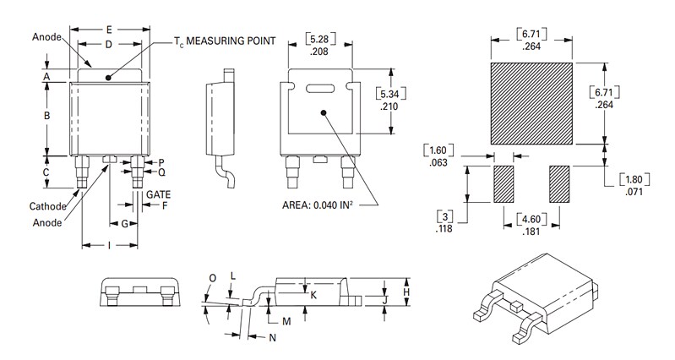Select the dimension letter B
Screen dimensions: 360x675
click(x=47, y=115)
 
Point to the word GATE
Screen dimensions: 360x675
click(x=159, y=194)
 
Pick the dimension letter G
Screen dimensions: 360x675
click(x=124, y=225)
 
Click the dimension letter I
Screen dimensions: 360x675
click(x=109, y=245)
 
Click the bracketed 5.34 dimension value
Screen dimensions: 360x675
click(x=389, y=93)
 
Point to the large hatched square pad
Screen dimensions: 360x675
click(x=531, y=102)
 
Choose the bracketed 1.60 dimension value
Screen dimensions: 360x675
click(x=438, y=150)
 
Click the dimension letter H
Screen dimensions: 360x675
click(x=406, y=291)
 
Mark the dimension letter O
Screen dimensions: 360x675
click(x=212, y=278)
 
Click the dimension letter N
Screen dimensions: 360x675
click(x=273, y=338)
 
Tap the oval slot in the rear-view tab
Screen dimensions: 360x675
click(x=321, y=88)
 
